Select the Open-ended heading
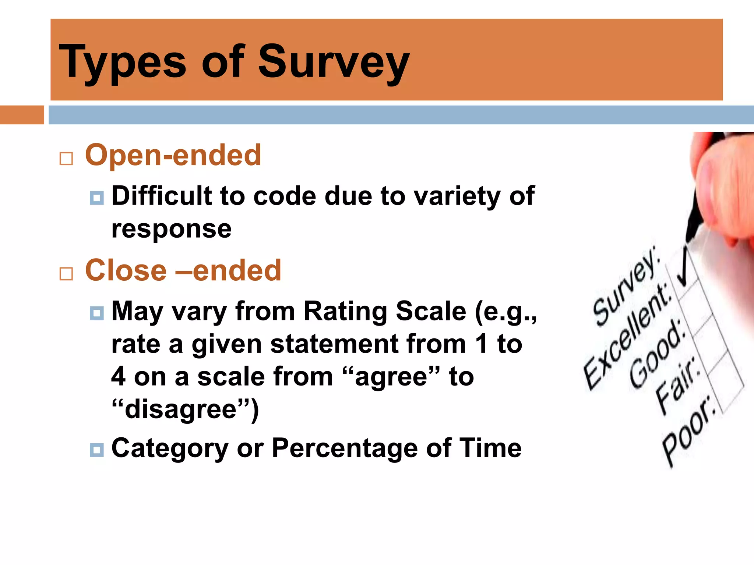click(x=173, y=155)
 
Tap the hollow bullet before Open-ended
click(x=66, y=159)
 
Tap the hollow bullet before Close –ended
click(x=66, y=274)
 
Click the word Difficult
click(x=162, y=196)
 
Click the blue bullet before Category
click(x=96, y=450)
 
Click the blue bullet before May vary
click(x=96, y=313)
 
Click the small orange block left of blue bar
click(x=22, y=115)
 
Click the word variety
click(x=456, y=196)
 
